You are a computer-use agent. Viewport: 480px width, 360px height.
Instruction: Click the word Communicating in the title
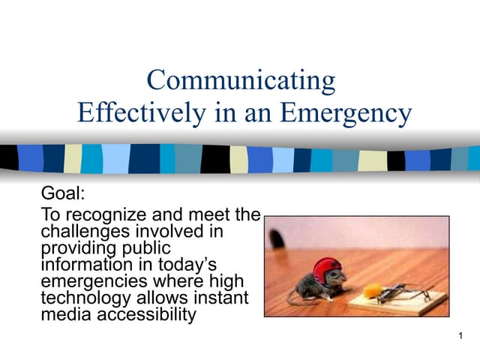tap(241, 80)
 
